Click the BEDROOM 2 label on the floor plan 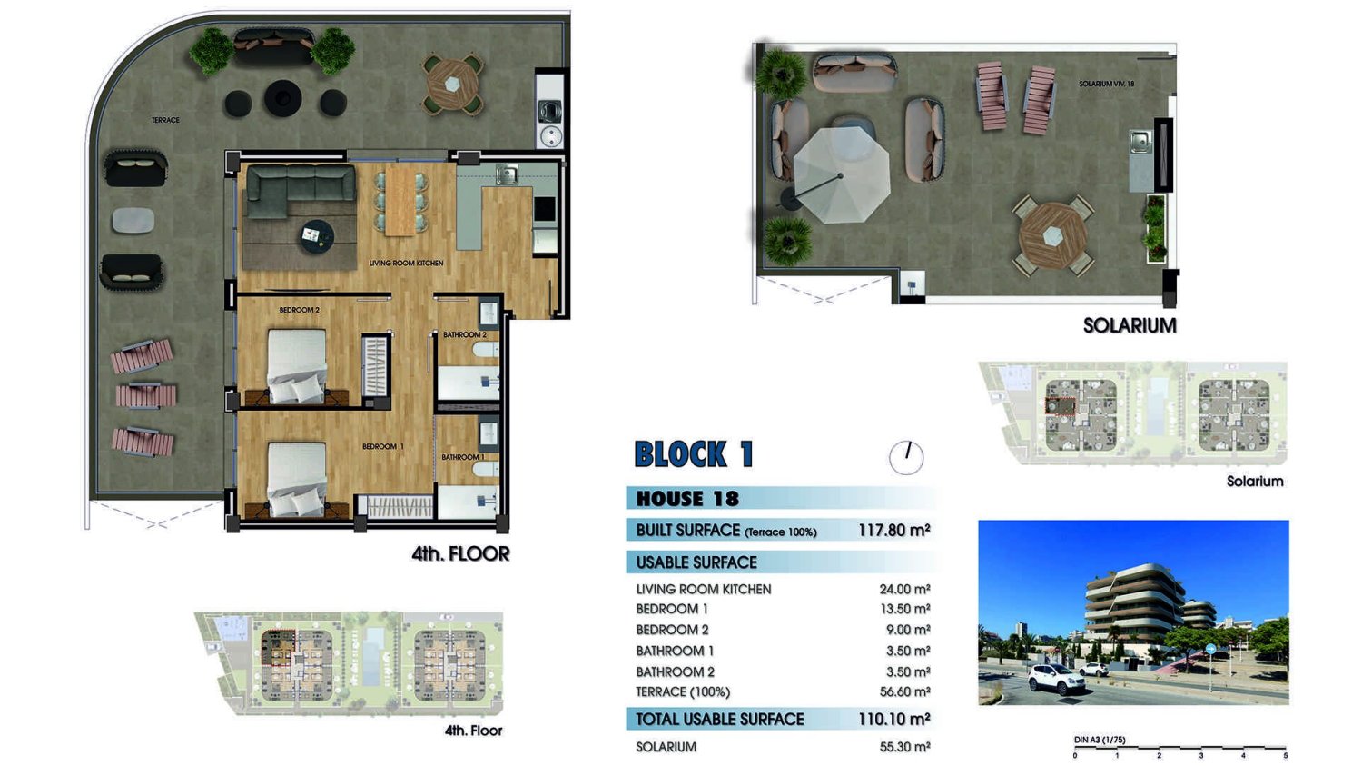point(299,310)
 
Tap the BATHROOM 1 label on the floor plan point(463,457)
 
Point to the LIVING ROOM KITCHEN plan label point(406,263)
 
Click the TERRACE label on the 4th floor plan point(165,120)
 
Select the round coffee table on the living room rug point(317,236)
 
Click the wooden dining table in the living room point(400,201)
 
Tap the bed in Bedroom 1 point(297,479)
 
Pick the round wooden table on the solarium point(1052,235)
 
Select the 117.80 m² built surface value point(893,531)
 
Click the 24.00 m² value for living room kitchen point(904,589)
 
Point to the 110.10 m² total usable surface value point(893,719)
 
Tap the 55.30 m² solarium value point(904,747)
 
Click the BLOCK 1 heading point(694,454)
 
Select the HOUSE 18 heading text point(687,499)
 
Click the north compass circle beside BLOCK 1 point(906,458)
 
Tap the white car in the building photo point(1057,679)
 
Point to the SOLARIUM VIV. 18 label point(1106,84)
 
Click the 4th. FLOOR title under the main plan point(460,553)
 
